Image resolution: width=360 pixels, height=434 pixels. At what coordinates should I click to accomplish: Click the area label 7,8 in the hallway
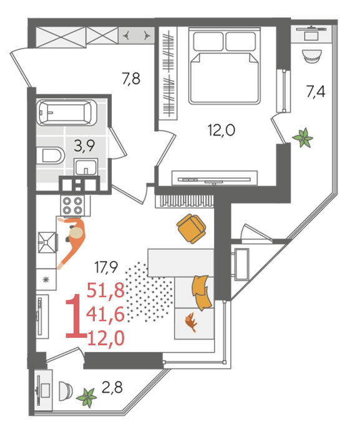point(131,79)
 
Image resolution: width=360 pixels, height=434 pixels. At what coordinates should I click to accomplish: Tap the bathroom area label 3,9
point(84,145)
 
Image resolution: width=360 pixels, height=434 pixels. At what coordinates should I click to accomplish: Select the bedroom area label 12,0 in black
point(221,130)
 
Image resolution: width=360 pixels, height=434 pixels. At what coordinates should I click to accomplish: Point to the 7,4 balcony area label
point(316,92)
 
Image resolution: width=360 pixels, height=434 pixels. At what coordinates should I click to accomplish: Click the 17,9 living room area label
point(106,267)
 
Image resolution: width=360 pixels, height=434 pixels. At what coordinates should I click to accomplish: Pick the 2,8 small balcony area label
point(112,387)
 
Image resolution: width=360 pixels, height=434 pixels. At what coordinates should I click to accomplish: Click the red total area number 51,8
point(105,290)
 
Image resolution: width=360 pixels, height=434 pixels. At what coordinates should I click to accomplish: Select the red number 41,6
point(105,315)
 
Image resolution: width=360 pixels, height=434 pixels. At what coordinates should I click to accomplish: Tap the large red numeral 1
point(75,316)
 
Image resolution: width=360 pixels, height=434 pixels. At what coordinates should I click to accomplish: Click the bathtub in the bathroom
point(66,112)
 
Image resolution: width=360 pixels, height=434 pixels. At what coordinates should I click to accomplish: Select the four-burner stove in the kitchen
point(73,205)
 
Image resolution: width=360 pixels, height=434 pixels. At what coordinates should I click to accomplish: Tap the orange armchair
point(191,229)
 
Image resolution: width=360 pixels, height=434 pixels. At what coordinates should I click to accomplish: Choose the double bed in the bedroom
point(225,66)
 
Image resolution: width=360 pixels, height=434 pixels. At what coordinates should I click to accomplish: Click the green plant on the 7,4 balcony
point(303,137)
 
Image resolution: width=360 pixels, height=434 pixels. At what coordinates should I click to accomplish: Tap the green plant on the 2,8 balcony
point(87,397)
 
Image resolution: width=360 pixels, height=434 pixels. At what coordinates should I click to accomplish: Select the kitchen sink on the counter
point(47,242)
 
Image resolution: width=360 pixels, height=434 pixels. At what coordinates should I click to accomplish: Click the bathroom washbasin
point(86,167)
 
